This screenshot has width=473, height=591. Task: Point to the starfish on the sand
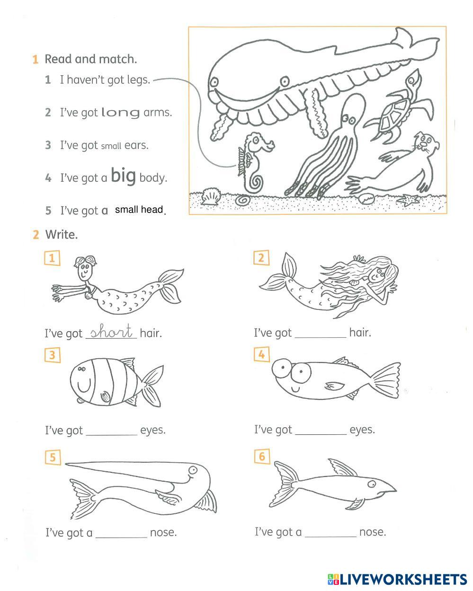click(x=409, y=200)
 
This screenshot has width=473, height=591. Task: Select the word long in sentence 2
click(x=120, y=113)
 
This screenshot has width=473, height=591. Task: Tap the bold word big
click(x=123, y=175)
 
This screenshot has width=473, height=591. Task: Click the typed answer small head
click(x=139, y=210)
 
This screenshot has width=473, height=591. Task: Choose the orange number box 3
click(x=52, y=355)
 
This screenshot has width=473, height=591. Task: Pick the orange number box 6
click(x=262, y=456)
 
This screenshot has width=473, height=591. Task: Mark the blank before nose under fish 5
click(x=121, y=537)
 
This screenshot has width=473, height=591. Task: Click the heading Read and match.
click(x=91, y=59)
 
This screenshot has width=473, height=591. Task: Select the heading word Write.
click(x=62, y=235)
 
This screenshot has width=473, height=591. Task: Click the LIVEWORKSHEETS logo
click(x=397, y=580)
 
